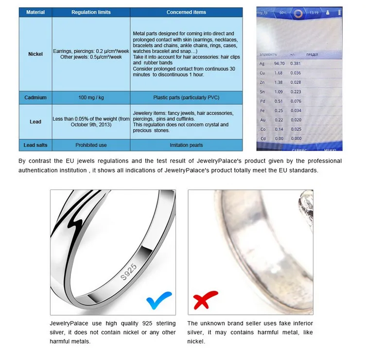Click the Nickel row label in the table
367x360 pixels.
[35, 54]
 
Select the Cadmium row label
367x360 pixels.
[35, 98]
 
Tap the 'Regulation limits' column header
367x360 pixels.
[91, 12]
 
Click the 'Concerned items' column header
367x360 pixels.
[186, 12]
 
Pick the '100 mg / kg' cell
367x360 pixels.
[91, 98]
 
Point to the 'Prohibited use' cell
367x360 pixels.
[91, 145]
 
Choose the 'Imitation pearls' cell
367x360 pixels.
[186, 145]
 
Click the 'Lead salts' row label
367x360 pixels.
[35, 145]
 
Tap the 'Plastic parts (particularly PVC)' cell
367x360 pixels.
[186, 98]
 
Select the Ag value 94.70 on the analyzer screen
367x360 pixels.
[279, 63]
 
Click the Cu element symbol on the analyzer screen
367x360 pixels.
[262, 73]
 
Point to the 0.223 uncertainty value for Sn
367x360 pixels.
[296, 92]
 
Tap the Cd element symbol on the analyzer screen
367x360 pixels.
[262, 138]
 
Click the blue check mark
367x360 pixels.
[159, 300]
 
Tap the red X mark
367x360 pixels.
[205, 300]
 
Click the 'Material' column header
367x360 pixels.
[35, 12]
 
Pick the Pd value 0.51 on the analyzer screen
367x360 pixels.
[279, 101]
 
